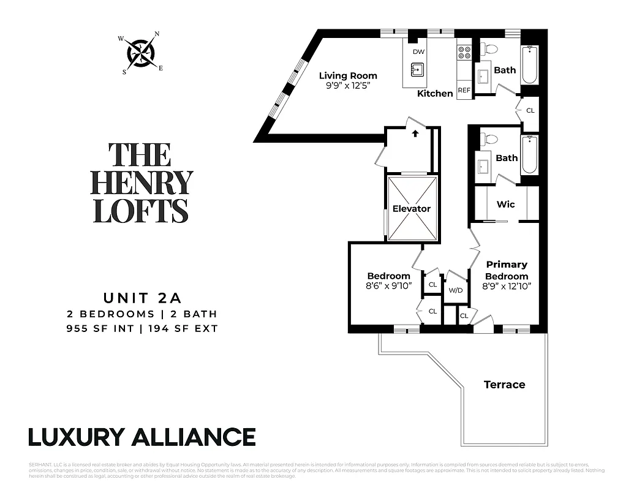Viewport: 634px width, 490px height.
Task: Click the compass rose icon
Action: click(x=140, y=54)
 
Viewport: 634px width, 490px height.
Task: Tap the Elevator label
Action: click(x=411, y=209)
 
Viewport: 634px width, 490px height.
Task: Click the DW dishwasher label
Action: click(x=418, y=52)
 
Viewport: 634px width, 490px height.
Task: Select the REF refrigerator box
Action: click(x=464, y=91)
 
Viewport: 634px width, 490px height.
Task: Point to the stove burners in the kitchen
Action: click(x=464, y=53)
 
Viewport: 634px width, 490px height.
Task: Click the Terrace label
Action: click(x=504, y=385)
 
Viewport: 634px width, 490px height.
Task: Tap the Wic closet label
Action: click(x=505, y=204)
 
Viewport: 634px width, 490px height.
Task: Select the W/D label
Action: click(x=455, y=290)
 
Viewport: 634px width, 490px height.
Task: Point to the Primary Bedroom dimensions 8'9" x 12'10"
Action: click(x=507, y=286)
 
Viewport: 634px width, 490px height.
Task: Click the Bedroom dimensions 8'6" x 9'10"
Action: click(x=389, y=286)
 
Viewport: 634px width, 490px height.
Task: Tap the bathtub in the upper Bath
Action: click(x=530, y=65)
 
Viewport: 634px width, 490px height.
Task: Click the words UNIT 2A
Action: click(x=142, y=299)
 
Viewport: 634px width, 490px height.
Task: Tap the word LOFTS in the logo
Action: click(x=142, y=209)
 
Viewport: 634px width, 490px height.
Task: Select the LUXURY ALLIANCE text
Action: click(x=142, y=437)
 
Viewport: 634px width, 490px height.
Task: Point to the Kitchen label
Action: click(x=435, y=93)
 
